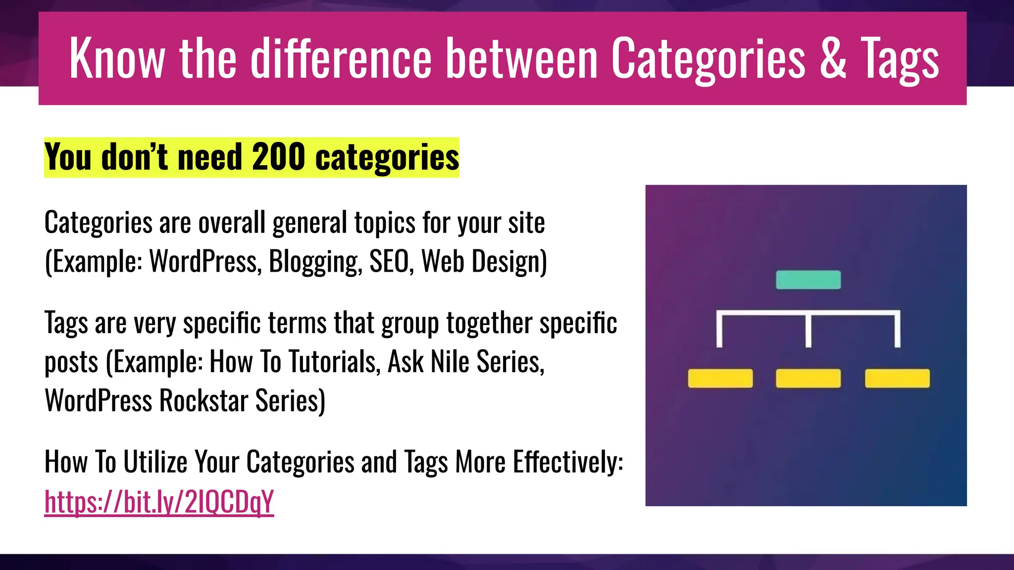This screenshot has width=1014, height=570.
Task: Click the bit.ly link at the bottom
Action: pos(159,502)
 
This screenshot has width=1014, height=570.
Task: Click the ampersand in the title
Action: pos(833,58)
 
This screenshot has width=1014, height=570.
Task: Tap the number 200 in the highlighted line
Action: pos(278,157)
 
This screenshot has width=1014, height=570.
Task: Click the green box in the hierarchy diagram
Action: pos(808,280)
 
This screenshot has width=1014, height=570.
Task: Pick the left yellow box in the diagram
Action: pos(720,378)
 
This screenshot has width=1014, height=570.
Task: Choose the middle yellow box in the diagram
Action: pos(808,378)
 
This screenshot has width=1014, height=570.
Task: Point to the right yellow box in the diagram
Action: pos(897,378)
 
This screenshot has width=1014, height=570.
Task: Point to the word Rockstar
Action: pos(203,400)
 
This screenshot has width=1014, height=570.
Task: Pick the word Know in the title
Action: pos(117,58)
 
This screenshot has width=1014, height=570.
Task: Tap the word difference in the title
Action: pos(341,58)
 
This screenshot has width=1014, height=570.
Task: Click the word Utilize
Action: pos(155,462)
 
